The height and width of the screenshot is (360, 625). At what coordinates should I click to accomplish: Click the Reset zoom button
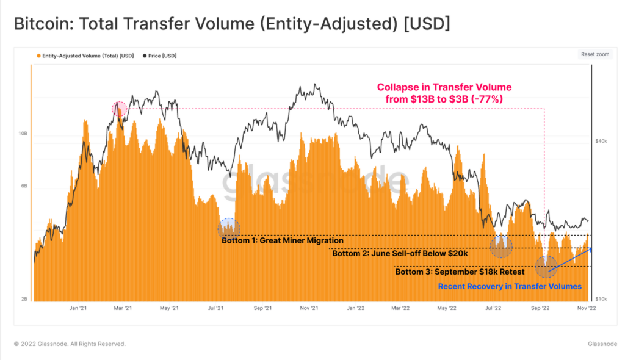[594, 54]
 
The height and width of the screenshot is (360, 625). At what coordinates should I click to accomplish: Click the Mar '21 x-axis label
[123, 309]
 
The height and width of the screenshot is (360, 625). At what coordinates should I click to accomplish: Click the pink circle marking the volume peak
[120, 109]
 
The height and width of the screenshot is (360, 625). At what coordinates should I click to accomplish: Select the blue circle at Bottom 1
[229, 228]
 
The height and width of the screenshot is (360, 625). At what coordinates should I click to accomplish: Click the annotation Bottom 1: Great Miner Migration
[283, 240]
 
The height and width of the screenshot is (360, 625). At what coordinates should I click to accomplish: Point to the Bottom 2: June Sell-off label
[400, 253]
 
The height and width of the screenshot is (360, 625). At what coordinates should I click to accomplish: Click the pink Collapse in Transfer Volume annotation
[444, 93]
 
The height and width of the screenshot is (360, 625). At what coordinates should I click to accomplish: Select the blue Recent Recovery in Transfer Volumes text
[510, 286]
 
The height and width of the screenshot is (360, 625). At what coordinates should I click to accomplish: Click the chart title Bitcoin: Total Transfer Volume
[232, 24]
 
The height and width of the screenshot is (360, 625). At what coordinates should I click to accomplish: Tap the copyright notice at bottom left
[70, 344]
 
